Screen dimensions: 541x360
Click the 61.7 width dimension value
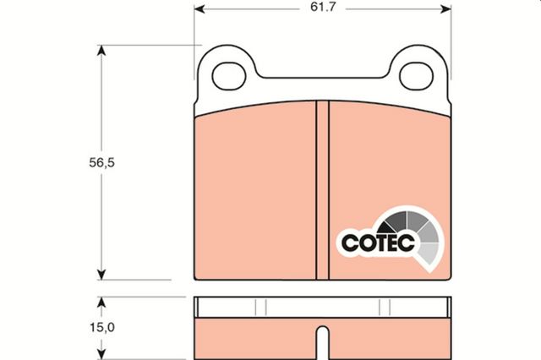coord(323,8)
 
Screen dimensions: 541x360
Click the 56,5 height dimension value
coord(101,162)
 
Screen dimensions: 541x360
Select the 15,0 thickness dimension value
coord(102,327)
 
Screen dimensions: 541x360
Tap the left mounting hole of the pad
coord(229,77)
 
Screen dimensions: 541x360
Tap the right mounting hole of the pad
coord(416,77)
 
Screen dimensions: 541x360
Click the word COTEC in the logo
coord(378,243)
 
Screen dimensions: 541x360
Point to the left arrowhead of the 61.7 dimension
coord(199,9)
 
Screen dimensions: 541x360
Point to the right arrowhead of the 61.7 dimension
coord(445,9)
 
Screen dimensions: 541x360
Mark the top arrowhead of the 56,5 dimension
coord(101,51)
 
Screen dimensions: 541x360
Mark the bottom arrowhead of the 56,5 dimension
coord(101,275)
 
